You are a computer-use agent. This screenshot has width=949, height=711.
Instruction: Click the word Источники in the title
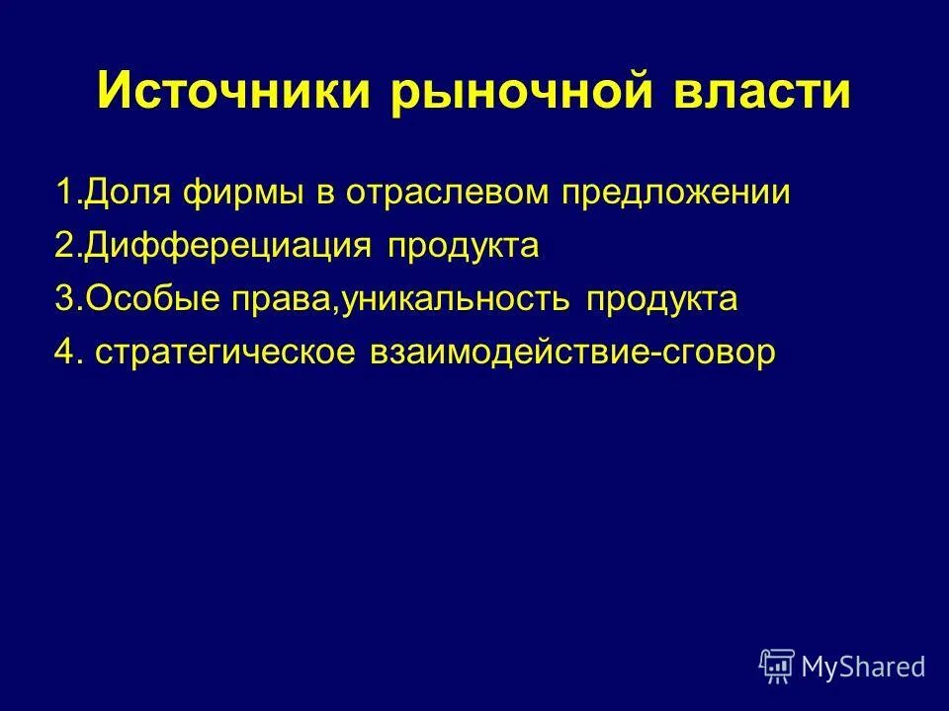coord(233,94)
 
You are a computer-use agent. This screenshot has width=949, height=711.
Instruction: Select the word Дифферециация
coord(227,246)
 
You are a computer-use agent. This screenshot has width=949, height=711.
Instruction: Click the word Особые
coord(141,299)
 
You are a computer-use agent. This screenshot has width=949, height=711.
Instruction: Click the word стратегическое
coord(224,353)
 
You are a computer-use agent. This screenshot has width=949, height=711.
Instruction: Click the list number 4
coord(66,353)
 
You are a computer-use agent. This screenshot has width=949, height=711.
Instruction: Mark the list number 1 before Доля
coord(63,193)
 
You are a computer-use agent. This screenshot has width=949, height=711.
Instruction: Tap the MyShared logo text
coord(863,667)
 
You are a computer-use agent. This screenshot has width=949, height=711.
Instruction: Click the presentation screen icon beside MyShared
coord(777,667)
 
